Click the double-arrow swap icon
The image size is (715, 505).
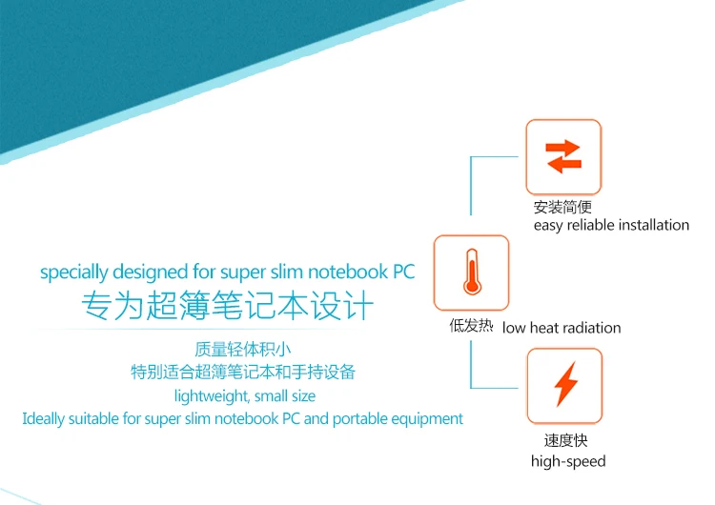563,156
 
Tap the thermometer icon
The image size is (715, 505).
471,273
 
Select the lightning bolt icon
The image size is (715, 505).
565,385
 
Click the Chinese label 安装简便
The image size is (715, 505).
563,207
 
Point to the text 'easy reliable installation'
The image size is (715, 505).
611,225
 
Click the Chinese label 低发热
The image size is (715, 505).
471,326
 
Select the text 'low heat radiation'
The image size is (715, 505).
562,328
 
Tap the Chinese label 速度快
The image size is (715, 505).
564,441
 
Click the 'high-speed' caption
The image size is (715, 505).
568,461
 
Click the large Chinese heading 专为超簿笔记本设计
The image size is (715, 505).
227,307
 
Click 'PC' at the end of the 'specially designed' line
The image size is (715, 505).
404,273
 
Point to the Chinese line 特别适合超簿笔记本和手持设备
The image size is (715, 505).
243,372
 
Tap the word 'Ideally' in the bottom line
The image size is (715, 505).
43,418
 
